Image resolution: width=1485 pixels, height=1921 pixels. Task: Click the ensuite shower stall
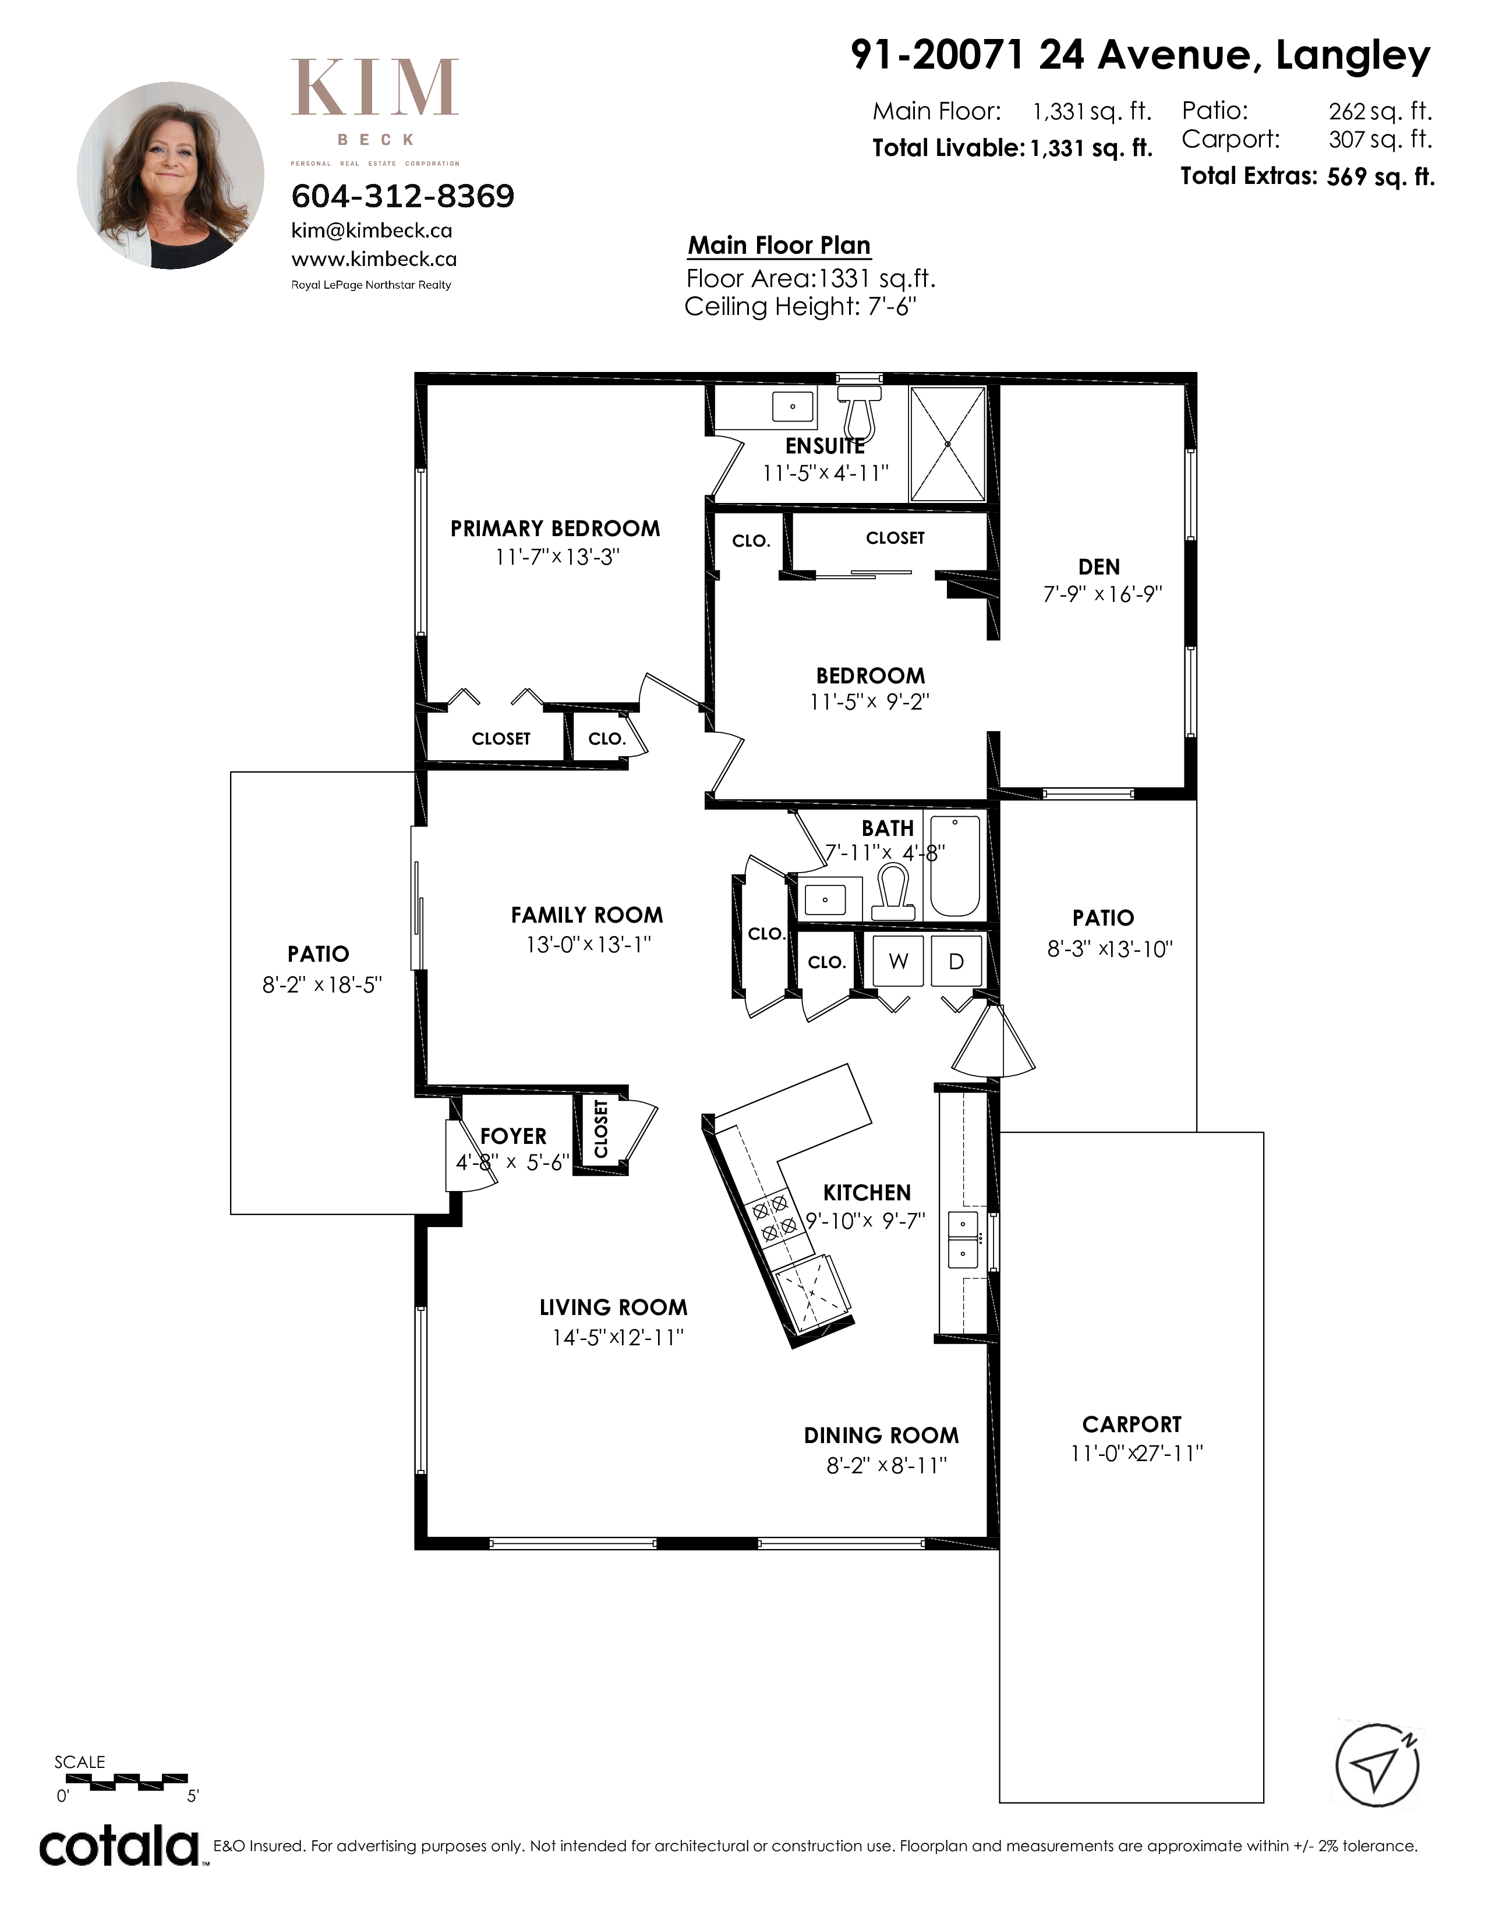click(947, 444)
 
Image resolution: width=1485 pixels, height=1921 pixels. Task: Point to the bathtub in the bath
click(954, 866)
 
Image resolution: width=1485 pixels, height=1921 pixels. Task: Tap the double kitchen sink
click(963, 1238)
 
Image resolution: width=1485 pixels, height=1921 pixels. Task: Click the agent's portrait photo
click(171, 176)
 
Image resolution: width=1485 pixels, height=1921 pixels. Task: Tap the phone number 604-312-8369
click(403, 195)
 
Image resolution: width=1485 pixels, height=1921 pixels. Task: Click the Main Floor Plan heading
click(779, 246)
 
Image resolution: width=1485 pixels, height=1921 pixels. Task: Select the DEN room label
click(1099, 568)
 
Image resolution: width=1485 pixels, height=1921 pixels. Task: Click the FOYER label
click(513, 1136)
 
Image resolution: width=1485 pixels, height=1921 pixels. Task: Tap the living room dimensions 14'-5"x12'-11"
click(617, 1338)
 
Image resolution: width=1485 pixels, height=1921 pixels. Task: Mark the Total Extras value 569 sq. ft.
click(1380, 177)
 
